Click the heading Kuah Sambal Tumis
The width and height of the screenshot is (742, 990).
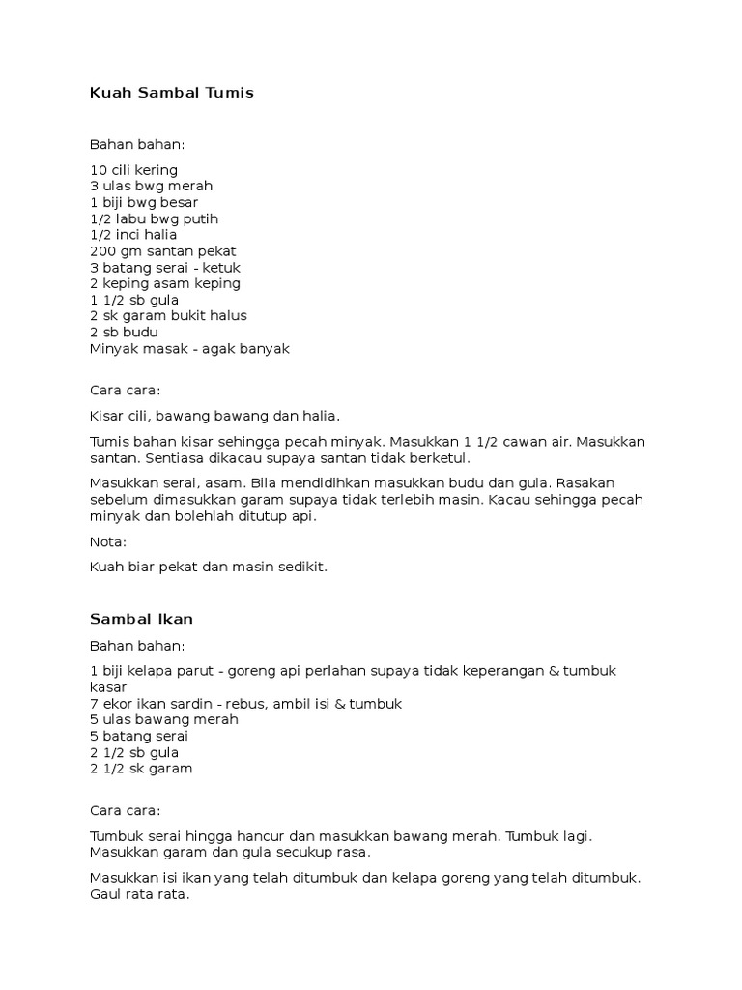click(x=171, y=93)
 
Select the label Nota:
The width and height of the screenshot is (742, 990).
click(x=108, y=541)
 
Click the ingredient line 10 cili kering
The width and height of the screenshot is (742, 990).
click(x=133, y=169)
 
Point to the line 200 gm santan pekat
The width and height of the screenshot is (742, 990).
click(x=162, y=250)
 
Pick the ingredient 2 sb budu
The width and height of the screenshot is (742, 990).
click(x=124, y=332)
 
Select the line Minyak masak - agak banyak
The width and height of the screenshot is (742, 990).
click(x=189, y=348)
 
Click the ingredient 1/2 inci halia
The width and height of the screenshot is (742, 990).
click(x=133, y=234)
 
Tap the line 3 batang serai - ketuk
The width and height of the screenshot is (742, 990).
click(x=165, y=267)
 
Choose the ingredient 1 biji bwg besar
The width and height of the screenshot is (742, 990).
click(x=144, y=202)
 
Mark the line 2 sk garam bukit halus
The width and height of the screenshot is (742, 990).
click(x=168, y=315)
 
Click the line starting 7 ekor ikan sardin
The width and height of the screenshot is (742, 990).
click(x=245, y=703)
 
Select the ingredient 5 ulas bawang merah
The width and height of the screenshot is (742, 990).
click(x=163, y=719)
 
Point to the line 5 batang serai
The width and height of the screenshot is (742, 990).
click(x=139, y=736)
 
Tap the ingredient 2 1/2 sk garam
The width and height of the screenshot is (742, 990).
click(x=141, y=769)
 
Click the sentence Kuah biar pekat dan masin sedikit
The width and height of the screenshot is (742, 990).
click(x=209, y=567)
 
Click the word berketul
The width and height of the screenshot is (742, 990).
click(x=439, y=457)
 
